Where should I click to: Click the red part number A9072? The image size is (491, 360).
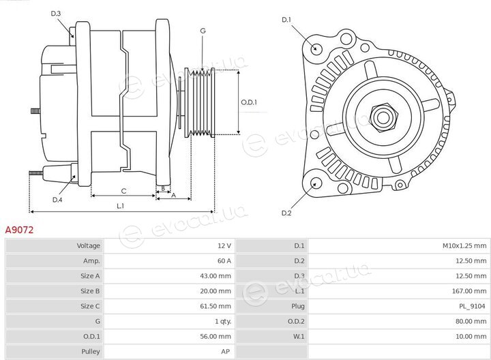[19, 230]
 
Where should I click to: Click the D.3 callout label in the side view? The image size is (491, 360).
[56, 14]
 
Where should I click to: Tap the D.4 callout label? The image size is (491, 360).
[57, 200]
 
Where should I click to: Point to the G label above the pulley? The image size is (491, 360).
[203, 31]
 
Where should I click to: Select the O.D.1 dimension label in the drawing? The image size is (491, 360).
[249, 102]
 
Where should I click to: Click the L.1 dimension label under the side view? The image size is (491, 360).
[121, 206]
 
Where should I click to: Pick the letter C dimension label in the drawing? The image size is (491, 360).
[123, 191]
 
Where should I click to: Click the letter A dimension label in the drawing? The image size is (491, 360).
[174, 195]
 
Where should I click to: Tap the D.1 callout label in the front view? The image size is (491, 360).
[286, 20]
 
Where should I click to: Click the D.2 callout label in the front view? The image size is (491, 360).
[286, 213]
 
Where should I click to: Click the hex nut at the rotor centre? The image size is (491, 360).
[383, 118]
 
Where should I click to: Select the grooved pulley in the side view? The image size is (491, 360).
[199, 103]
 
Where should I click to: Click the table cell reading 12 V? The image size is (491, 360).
[224, 245]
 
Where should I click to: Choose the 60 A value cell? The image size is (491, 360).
[224, 260]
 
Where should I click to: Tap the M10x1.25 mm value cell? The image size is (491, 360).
[464, 245]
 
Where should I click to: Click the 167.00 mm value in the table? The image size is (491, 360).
[469, 291]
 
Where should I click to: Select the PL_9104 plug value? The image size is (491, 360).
[472, 306]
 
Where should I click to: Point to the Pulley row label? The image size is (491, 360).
[91, 352]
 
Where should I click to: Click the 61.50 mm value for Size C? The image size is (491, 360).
[215, 306]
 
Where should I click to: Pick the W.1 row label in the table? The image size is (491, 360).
[299, 337]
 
